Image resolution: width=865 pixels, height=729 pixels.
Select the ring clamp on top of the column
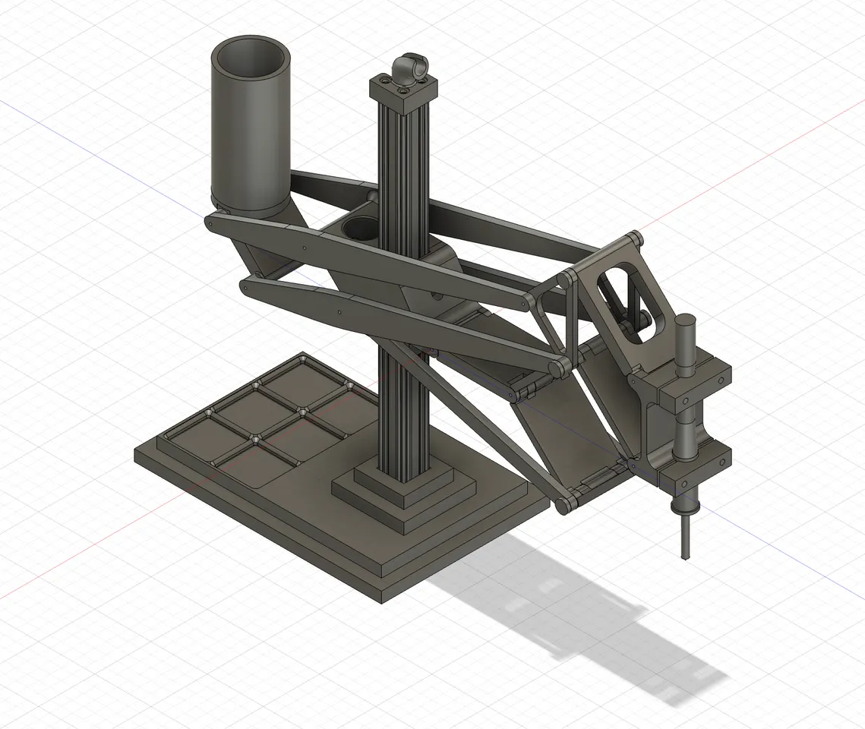(411, 68)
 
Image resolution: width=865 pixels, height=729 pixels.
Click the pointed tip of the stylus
(687, 558)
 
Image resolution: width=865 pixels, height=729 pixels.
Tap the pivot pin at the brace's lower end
(564, 505)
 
